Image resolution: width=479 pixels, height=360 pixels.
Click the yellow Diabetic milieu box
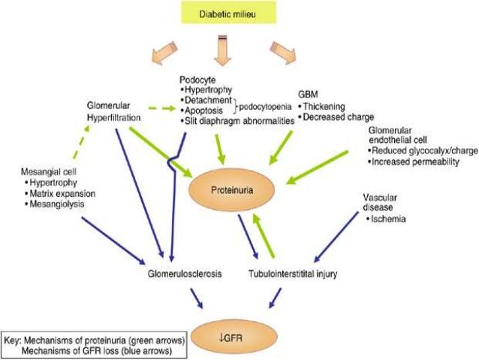click(x=239, y=12)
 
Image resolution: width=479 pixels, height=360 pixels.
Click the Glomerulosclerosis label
click(x=184, y=275)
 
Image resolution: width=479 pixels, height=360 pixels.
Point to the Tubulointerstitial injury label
click(x=294, y=275)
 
